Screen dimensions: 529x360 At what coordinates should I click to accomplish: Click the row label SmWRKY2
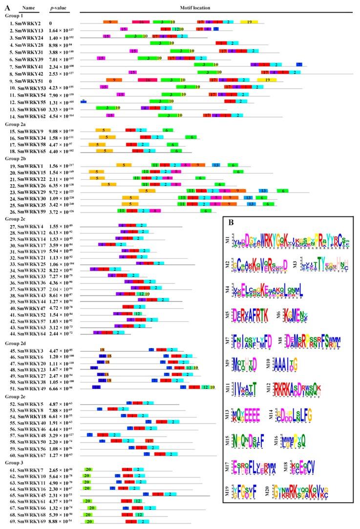click(26, 22)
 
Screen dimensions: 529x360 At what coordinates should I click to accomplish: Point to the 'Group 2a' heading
click(14, 124)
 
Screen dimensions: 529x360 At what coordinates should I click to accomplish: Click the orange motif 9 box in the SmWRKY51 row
click(114, 80)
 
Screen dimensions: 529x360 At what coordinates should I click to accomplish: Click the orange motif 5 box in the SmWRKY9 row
click(103, 130)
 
